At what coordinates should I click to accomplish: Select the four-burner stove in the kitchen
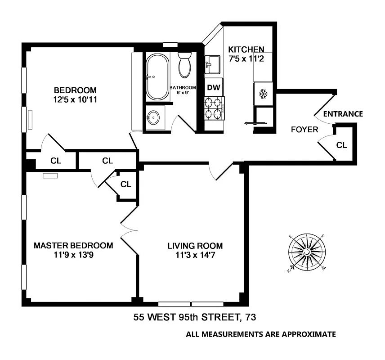coord(214,108)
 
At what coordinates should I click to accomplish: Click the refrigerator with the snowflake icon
coord(263,94)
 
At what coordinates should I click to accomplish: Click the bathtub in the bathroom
coord(157,77)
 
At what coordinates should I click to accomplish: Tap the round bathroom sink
coord(153,118)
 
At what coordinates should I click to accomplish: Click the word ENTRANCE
coord(343,114)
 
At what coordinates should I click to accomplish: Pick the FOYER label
coord(304,130)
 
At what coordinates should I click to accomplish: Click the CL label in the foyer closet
coord(342,145)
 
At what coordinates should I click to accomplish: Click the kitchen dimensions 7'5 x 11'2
coord(246,58)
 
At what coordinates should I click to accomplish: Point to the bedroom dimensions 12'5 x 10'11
coord(75,99)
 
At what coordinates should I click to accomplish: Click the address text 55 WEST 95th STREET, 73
coord(195,318)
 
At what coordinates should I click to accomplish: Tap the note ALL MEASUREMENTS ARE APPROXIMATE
coord(261,334)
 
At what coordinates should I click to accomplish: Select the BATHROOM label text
coord(183,87)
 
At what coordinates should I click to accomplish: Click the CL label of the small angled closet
coord(125,184)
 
